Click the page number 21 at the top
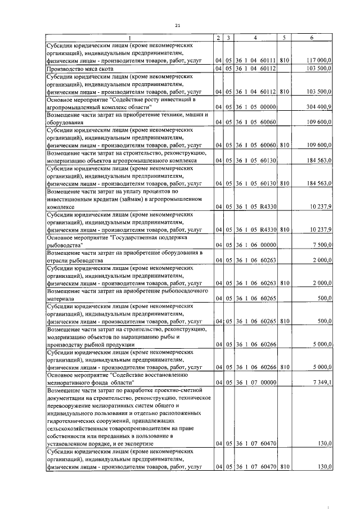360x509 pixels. [x=178, y=26]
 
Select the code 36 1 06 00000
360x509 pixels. [x=255, y=245]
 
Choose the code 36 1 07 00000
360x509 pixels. [x=255, y=383]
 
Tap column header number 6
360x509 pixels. [x=312, y=37]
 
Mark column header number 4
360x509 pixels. [x=255, y=37]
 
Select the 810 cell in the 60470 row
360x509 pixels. [x=285, y=466]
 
